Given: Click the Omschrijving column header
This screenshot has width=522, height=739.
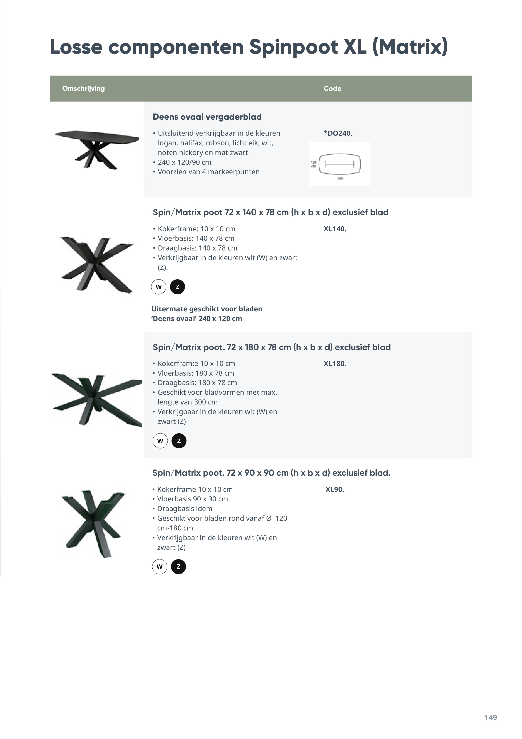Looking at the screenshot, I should tap(83, 88).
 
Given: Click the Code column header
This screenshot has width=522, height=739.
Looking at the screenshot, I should tap(332, 88).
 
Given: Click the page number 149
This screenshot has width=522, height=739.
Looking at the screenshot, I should tap(490, 718).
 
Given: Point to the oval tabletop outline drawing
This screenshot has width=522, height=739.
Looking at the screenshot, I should tap(340, 164).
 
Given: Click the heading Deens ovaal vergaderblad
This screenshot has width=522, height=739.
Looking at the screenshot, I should tap(207, 117).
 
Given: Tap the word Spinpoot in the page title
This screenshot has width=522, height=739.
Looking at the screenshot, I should tap(293, 47).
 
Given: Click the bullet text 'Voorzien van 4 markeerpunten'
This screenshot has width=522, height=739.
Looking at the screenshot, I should tap(208, 172).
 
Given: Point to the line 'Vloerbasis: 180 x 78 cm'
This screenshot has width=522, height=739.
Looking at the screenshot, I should tap(196, 373).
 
